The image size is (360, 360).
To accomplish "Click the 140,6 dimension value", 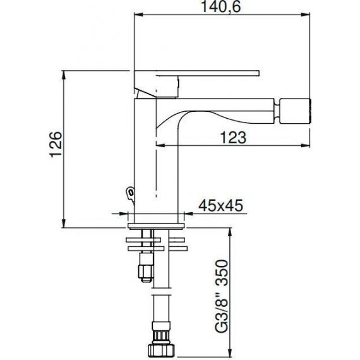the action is tap(221, 7).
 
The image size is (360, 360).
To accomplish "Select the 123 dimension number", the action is tap(233, 138).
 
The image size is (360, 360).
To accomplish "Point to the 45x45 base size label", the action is tap(220, 205).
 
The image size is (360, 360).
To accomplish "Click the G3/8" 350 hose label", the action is tap(222, 296).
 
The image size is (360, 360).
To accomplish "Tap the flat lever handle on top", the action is tap(196, 73).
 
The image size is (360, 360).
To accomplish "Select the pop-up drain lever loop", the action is tap(130, 192).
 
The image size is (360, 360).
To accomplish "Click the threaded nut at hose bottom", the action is tap(161, 350).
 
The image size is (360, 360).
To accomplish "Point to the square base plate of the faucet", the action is tap(156, 226).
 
